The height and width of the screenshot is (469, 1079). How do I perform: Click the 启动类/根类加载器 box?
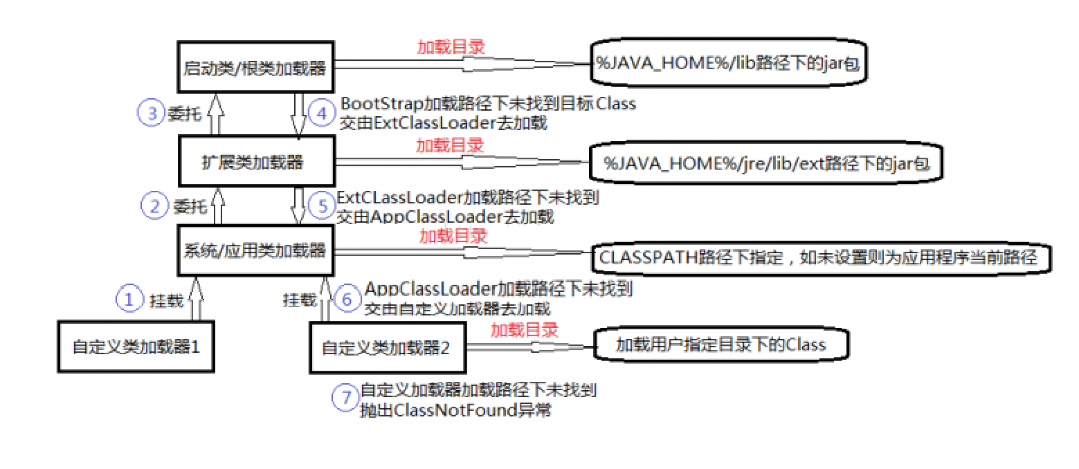[254, 68]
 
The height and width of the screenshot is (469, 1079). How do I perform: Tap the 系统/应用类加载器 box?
[253, 249]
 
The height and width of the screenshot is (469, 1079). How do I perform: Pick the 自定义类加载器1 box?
[136, 346]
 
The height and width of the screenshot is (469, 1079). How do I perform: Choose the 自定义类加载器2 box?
[386, 347]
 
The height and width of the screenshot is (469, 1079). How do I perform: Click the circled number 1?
[128, 300]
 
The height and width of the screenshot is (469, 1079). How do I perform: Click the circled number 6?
[347, 300]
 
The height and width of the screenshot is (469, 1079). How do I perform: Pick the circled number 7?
[345, 398]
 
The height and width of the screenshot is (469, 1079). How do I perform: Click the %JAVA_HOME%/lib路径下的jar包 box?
[729, 64]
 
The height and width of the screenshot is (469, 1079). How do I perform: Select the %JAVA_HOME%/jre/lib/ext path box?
[765, 165]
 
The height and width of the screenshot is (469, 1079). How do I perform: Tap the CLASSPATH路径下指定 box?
[819, 259]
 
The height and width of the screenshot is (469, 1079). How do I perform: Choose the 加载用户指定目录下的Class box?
[720, 344]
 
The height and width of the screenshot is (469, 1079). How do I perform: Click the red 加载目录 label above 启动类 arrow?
[451, 47]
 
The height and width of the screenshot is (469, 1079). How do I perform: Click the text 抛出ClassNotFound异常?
[456, 410]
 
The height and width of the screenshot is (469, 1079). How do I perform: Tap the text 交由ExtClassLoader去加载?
[444, 124]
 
